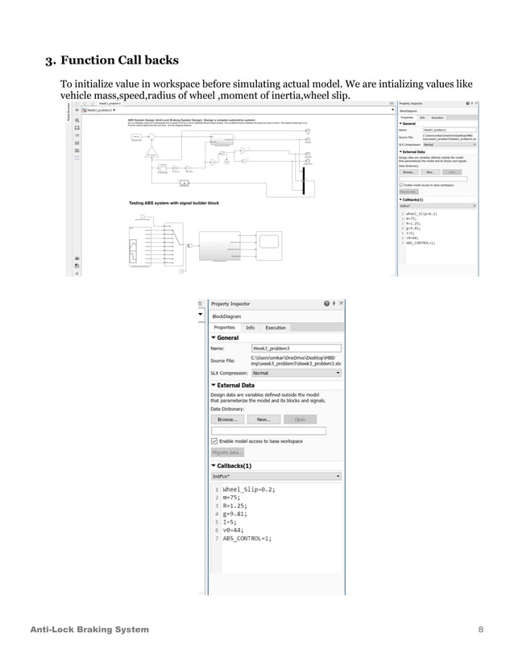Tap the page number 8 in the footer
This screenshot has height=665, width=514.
point(480,630)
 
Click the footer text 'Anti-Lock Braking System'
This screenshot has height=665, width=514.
point(89,630)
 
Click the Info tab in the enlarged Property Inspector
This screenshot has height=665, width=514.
point(250,328)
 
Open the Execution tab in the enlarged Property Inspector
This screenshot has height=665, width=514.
point(276,328)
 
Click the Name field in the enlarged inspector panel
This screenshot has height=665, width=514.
point(296,349)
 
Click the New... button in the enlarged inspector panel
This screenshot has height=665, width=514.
point(263,419)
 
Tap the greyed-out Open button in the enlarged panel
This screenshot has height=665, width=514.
point(299,419)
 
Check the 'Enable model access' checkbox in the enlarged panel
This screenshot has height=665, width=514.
point(213,441)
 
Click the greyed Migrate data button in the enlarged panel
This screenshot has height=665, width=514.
point(227,453)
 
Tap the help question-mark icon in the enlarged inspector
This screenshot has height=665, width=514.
point(326,304)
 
